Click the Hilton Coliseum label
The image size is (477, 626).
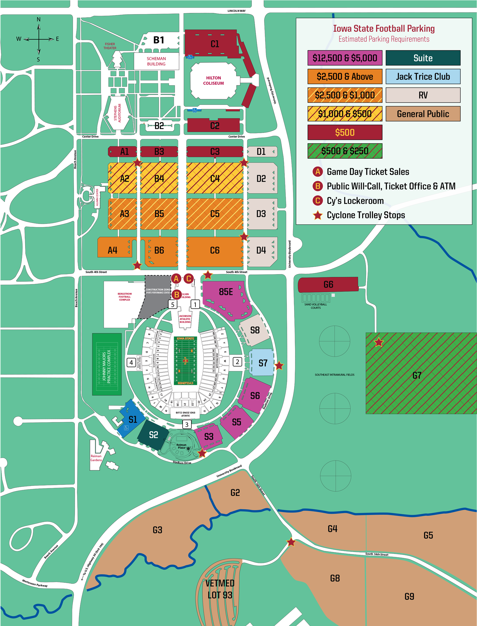click(x=213, y=81)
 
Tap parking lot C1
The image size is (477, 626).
click(x=214, y=44)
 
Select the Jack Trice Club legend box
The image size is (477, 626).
click(x=423, y=77)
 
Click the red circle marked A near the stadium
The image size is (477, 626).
click(x=176, y=278)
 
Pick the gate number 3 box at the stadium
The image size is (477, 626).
click(x=187, y=425)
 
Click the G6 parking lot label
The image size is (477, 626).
click(x=328, y=284)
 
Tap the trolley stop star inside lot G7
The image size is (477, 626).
click(x=379, y=342)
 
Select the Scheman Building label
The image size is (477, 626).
click(x=156, y=61)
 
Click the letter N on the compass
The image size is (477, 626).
click(x=39, y=19)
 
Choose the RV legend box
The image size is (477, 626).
click(x=423, y=95)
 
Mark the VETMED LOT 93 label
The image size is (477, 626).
click(x=220, y=589)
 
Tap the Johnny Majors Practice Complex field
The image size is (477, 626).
click(x=107, y=364)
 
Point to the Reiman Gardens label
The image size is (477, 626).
click(x=96, y=458)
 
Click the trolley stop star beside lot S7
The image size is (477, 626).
click(x=279, y=365)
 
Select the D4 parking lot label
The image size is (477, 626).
click(x=261, y=250)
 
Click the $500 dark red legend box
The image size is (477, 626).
click(x=345, y=132)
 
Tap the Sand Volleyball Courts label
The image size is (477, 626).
click(x=315, y=306)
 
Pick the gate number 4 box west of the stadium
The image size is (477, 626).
click(x=131, y=362)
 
